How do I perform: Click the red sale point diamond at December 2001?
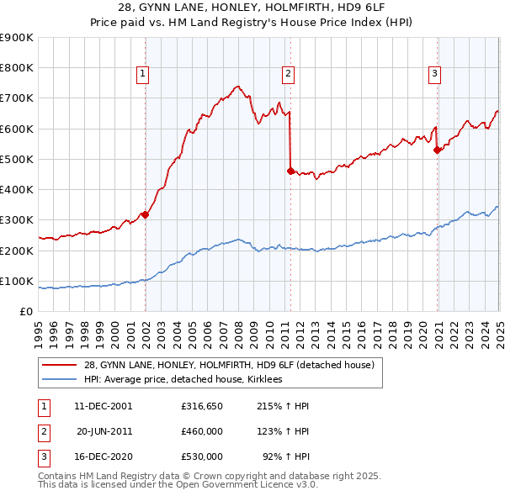pyautogui.click(x=145, y=214)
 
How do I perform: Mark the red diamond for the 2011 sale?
pyautogui.click(x=290, y=171)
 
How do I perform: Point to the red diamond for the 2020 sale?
pyautogui.click(x=437, y=150)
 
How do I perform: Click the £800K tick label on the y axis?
pyautogui.click(x=17, y=67)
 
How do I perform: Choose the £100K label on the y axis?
pyautogui.click(x=17, y=281)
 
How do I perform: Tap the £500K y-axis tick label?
pyautogui.click(x=17, y=159)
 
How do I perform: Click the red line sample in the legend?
pyautogui.click(x=60, y=365)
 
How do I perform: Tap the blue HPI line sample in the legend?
pyautogui.click(x=60, y=380)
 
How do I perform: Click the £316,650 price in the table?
pyautogui.click(x=202, y=406)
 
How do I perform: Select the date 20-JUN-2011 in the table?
pyautogui.click(x=104, y=431)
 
